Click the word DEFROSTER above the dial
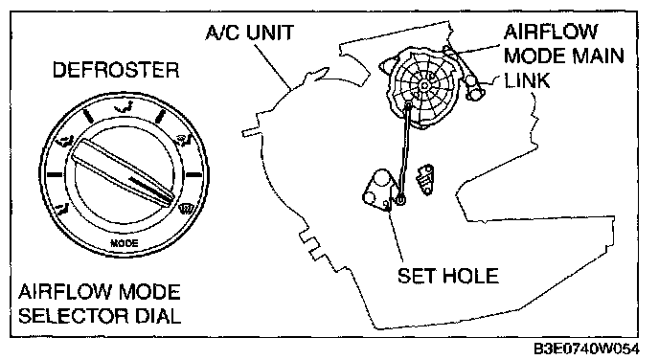[x=116, y=70]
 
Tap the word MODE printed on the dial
[x=124, y=243]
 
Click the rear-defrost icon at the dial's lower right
[x=185, y=208]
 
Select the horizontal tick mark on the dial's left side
[x=55, y=174]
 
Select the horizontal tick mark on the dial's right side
[x=193, y=174]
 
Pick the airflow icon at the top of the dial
[x=124, y=108]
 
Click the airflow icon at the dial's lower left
[x=63, y=208]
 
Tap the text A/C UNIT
[x=250, y=33]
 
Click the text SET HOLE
[x=448, y=276]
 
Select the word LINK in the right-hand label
[x=527, y=79]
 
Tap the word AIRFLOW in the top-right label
[x=551, y=32]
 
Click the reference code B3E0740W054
[x=586, y=349]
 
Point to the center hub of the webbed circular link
[x=424, y=86]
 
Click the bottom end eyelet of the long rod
[x=400, y=200]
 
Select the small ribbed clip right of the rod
[x=425, y=179]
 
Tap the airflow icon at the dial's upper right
[x=184, y=141]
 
